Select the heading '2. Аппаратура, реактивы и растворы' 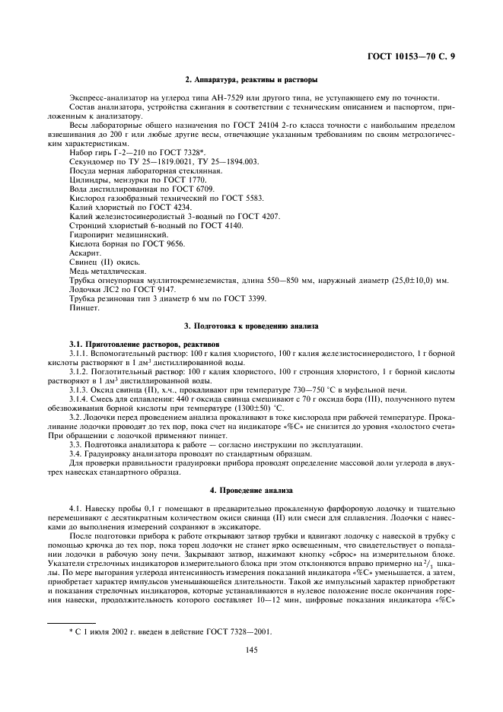[x=251, y=80]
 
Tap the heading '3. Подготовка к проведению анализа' [x=251, y=326]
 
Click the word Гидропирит [x=91, y=236]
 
